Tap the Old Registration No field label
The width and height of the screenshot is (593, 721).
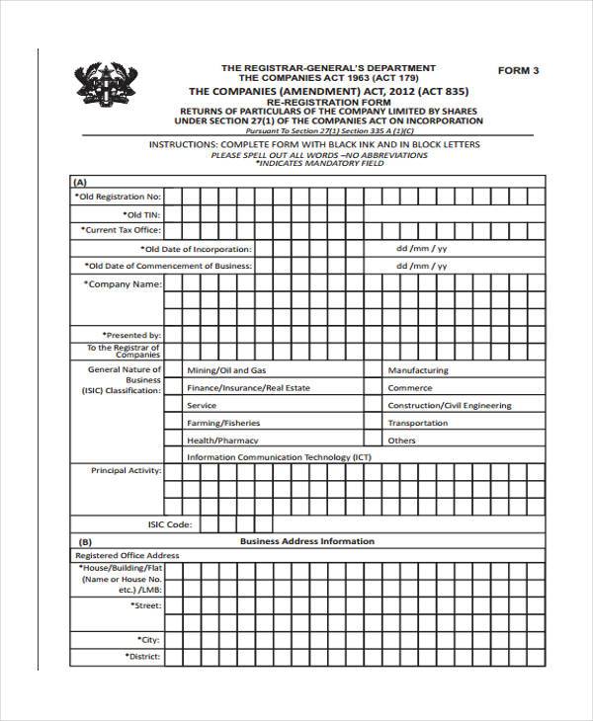[117, 197]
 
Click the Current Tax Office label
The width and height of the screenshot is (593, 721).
[121, 230]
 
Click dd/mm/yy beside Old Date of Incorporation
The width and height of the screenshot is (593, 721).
[422, 249]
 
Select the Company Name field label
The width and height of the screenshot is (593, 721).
[124, 284]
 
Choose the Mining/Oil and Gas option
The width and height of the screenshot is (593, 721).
[226, 370]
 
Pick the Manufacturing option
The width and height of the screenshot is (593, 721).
[417, 370]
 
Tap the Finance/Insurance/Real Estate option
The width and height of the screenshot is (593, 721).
[248, 388]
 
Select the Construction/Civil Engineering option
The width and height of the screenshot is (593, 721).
[449, 406]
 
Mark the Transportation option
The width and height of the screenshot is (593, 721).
[417, 423]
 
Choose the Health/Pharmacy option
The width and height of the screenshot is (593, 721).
[222, 441]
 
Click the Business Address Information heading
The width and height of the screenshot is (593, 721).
[306, 541]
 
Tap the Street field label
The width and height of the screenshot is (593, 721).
[145, 604]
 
